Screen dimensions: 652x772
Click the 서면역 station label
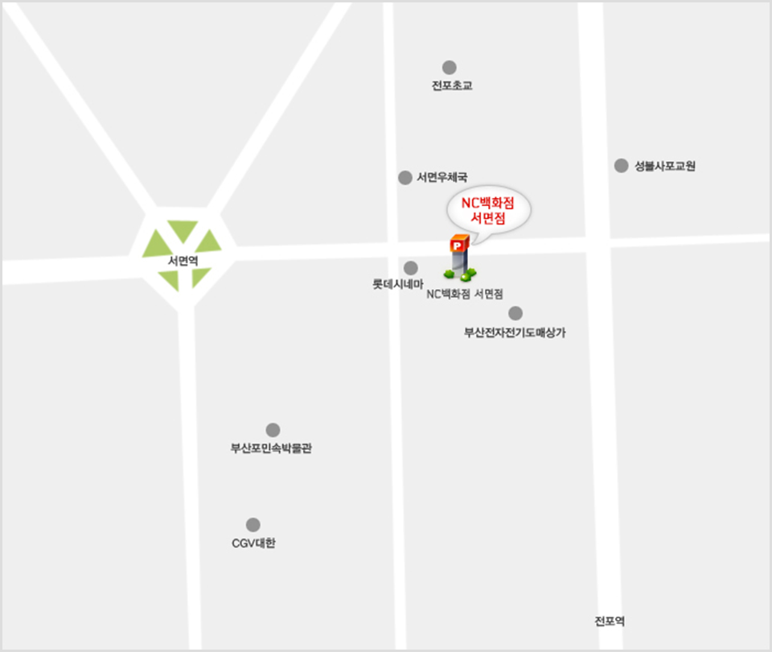coord(183,261)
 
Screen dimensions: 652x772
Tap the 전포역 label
coord(610,621)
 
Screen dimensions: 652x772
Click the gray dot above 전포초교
coord(450,68)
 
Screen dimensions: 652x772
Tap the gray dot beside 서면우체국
coord(405,177)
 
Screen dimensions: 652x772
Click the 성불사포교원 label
coord(665,166)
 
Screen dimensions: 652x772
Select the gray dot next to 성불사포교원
coord(621,166)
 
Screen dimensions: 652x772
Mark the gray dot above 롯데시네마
coord(411,267)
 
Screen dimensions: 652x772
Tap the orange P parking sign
coord(458,242)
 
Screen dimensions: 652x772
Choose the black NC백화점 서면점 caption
coord(470,294)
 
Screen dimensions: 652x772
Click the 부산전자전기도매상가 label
coord(515,332)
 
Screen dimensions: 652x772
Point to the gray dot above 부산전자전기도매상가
coord(515,313)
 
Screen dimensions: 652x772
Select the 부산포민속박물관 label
coord(271,448)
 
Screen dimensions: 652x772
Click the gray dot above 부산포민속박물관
coord(273,430)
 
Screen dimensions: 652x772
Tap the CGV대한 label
coord(253,543)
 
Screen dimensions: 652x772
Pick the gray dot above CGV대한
coord(253,525)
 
